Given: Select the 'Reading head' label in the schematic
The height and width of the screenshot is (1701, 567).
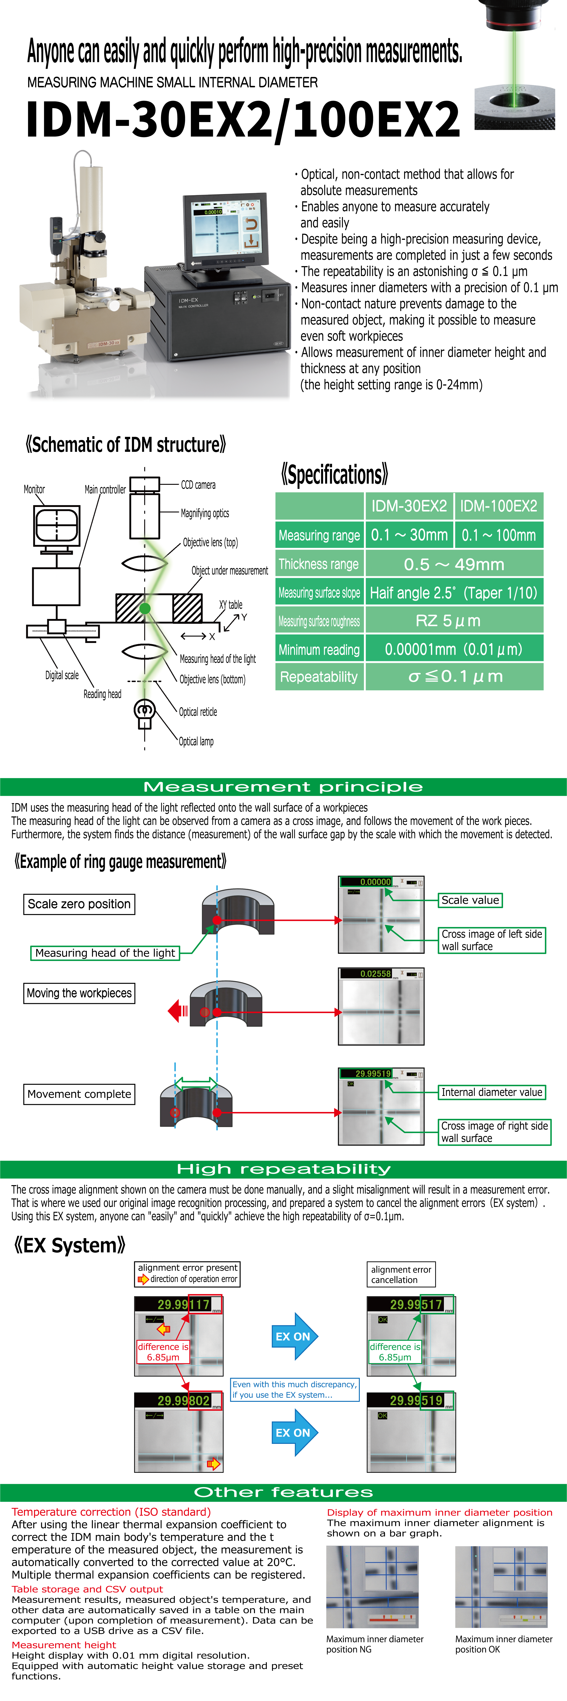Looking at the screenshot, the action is coord(102,694).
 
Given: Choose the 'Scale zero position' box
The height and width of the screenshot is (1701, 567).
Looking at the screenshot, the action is coord(79,904).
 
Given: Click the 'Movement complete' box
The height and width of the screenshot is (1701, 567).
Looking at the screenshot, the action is coord(79,1094).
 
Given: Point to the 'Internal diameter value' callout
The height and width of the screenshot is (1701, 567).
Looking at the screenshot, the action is coord(492,1092).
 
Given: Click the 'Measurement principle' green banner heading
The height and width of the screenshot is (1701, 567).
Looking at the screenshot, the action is coord(283,787).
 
